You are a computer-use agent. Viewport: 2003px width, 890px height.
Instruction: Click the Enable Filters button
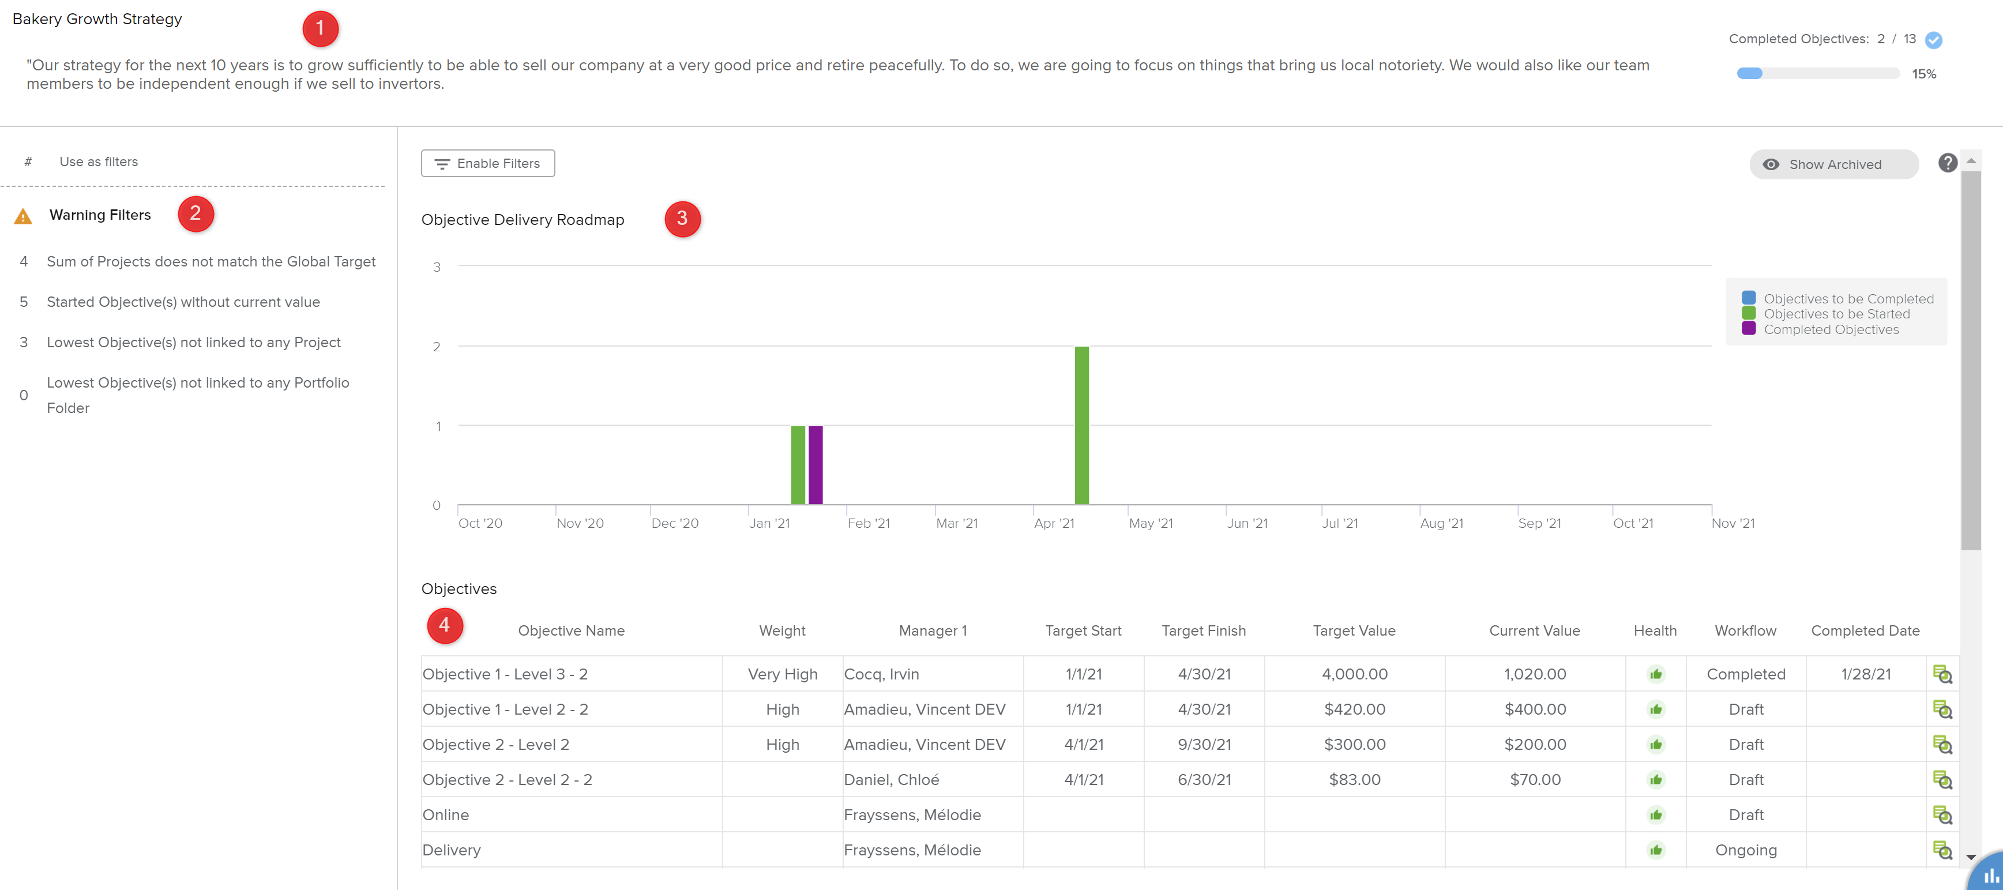[487, 163]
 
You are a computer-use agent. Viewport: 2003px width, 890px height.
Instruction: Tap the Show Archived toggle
[1833, 164]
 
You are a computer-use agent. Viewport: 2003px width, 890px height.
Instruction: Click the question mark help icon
[1947, 163]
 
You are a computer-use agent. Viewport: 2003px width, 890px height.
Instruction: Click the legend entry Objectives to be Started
[1836, 314]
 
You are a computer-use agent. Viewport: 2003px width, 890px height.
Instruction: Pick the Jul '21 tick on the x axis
[1339, 523]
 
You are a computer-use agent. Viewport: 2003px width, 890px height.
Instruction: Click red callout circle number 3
[682, 219]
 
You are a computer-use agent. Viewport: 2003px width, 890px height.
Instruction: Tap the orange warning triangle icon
[23, 216]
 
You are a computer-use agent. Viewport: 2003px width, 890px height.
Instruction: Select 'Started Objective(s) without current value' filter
[183, 302]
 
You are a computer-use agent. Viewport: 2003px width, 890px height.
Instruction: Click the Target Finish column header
[1203, 630]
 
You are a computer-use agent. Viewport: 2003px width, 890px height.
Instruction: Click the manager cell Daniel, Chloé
[891, 779]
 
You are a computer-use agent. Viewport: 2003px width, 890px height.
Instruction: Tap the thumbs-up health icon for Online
[1655, 814]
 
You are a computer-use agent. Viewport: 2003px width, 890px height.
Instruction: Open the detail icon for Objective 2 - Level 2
[1941, 745]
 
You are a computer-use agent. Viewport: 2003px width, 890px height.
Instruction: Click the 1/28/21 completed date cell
[1865, 674]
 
